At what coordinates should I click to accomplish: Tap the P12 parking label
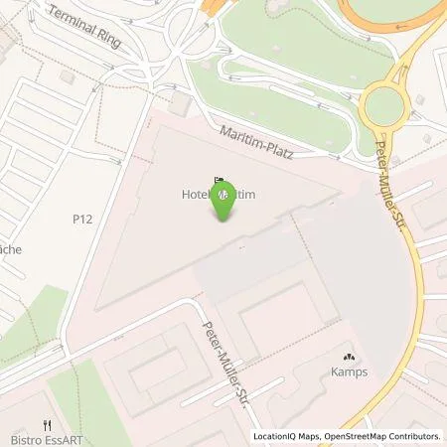tap(82, 218)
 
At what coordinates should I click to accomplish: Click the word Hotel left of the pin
tap(195, 197)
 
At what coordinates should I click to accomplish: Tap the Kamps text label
tap(349, 373)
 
